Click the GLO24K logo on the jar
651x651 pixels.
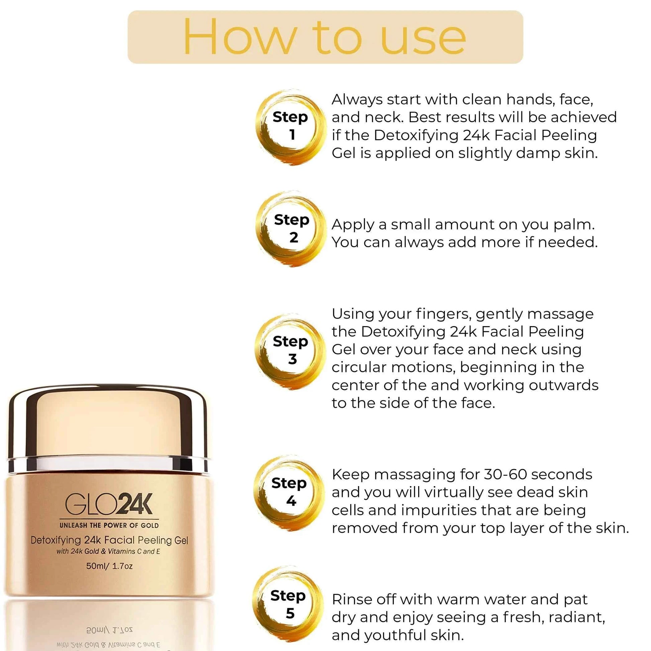coord(109,504)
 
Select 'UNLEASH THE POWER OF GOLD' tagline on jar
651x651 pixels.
coord(109,525)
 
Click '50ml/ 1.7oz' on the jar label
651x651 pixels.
coord(109,566)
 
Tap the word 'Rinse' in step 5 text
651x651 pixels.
coord(352,599)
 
